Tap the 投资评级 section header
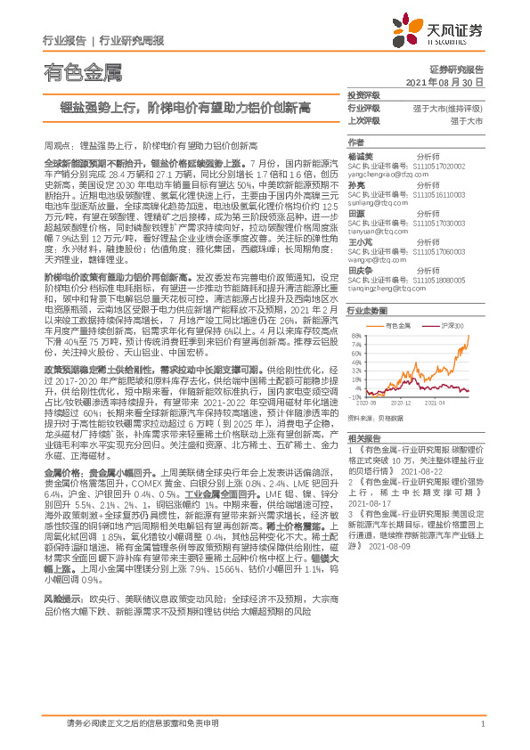pos(363,94)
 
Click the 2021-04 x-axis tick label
pos(436,403)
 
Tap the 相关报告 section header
pos(363,438)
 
